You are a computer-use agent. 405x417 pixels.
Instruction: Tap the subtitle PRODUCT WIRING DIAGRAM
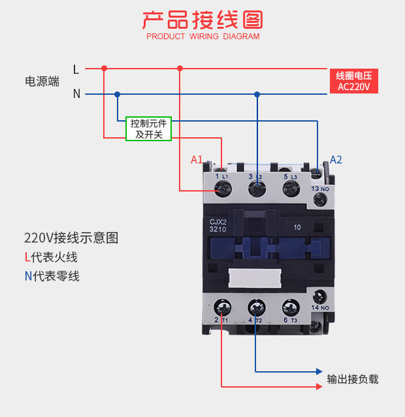tap(202, 37)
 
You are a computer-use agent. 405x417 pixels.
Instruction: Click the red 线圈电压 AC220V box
tap(353, 81)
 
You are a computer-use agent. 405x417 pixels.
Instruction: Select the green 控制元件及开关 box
tap(148, 129)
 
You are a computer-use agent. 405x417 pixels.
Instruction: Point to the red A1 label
tap(197, 159)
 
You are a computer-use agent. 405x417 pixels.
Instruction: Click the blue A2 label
tap(336, 159)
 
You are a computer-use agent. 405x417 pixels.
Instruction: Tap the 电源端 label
tap(42, 82)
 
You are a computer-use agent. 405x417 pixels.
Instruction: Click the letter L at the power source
tap(76, 69)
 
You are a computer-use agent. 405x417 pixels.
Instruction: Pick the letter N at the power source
tap(76, 93)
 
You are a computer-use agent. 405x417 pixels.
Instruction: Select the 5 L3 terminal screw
tap(291, 189)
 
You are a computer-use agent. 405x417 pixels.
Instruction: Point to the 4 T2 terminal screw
tap(256, 306)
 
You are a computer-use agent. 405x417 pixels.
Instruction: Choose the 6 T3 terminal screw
tap(289, 306)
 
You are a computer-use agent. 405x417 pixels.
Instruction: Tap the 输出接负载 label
tap(353, 379)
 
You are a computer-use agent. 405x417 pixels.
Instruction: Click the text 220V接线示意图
tap(71, 237)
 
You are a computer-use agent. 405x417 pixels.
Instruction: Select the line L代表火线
tap(51, 257)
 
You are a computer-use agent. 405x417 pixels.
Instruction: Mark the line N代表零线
tap(52, 276)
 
